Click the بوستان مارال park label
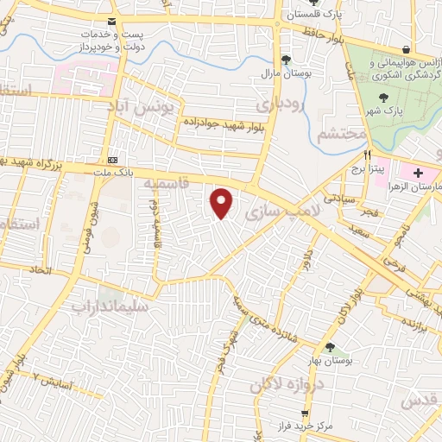pyautogui.click(x=286, y=74)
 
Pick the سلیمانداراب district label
pyautogui.click(x=110, y=306)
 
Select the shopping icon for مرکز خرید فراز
pyautogui.click(x=317, y=414)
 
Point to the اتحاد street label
pyautogui.click(x=40, y=270)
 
